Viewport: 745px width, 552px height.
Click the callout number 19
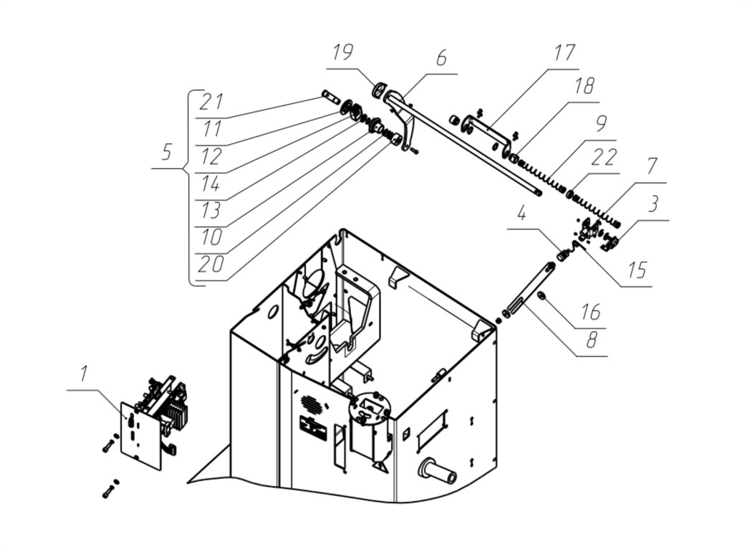click(342, 52)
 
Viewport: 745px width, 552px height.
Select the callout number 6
click(441, 58)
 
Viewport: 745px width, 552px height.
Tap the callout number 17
click(564, 53)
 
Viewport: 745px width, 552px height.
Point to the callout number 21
click(211, 101)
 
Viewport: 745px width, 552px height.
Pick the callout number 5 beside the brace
click(166, 152)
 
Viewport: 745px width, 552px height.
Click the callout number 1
click(84, 373)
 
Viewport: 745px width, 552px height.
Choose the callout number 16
click(591, 313)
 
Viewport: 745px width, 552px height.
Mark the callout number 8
click(592, 340)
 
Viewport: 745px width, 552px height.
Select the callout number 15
click(637, 270)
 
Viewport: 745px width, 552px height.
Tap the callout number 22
click(603, 158)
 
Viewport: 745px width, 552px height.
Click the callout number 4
click(521, 214)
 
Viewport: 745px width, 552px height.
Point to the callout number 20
click(211, 265)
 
